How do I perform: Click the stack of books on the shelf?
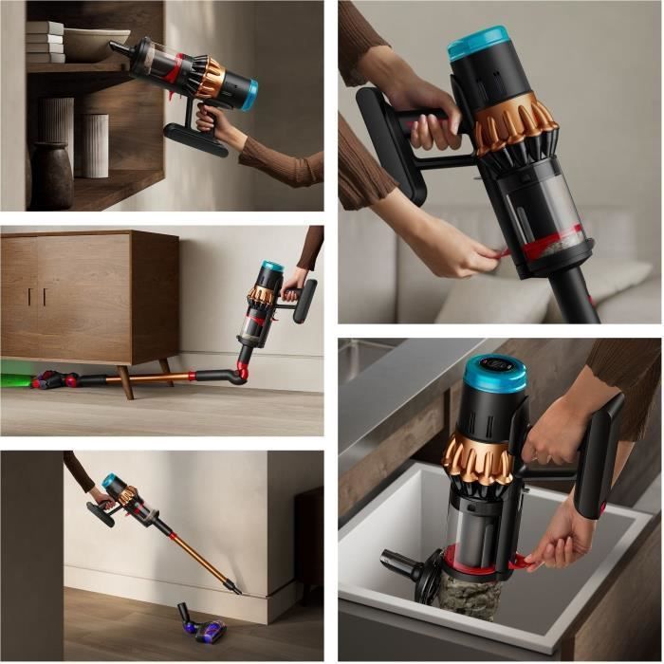tap(45, 43)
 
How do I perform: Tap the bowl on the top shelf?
tap(96, 43)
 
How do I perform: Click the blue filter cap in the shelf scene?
tap(249, 95)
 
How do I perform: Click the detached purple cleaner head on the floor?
tap(201, 625)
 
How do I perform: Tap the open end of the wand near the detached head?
tap(232, 590)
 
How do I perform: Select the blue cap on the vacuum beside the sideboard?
tap(273, 267)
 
